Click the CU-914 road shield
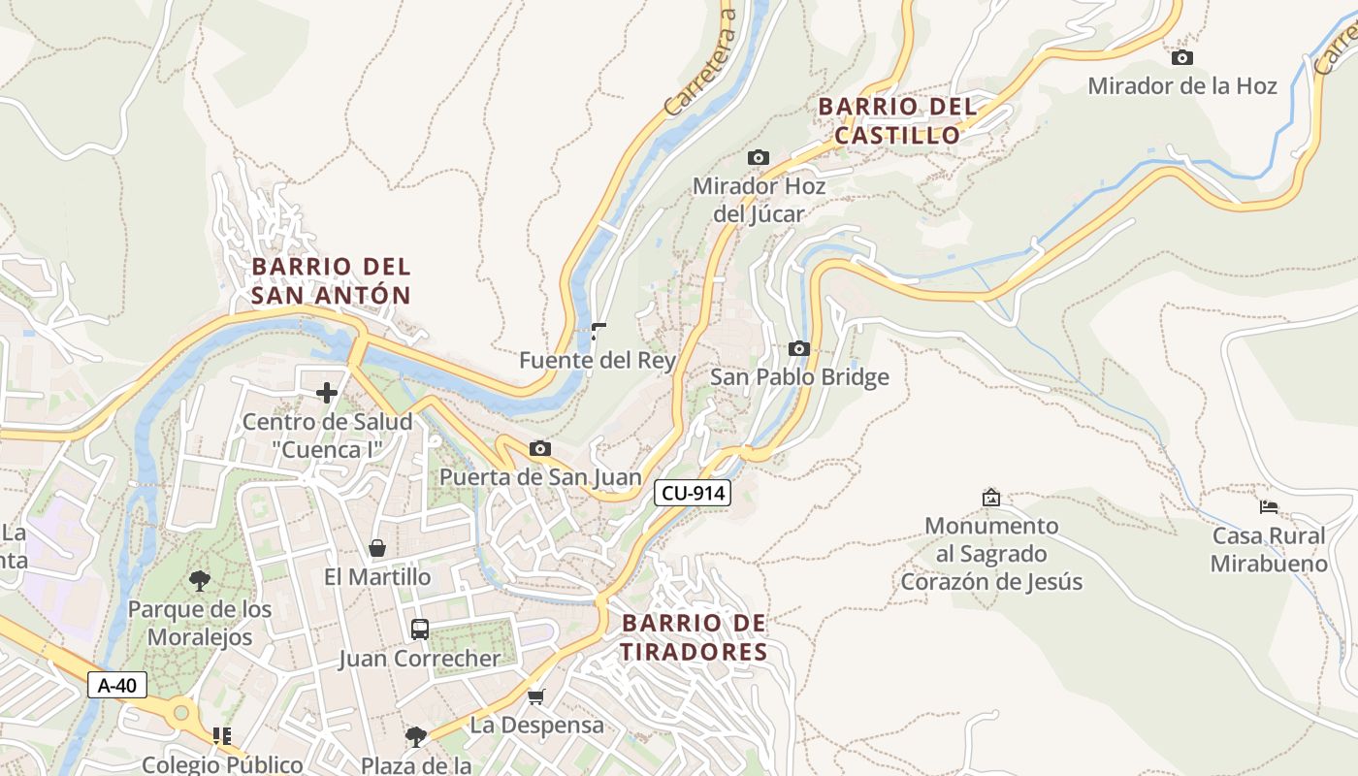pos(693,493)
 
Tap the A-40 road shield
pos(117,685)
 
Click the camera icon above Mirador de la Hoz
pos(1181,58)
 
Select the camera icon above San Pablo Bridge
pos(799,348)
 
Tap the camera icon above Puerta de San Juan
pos(540,448)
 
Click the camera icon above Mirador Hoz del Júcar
pos(759,157)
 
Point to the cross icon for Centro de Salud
pos(327,393)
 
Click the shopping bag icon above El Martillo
pos(377,548)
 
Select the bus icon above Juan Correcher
pos(419,630)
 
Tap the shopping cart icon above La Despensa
pos(535,696)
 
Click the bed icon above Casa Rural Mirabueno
pos(1268,506)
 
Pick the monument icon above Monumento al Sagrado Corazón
pos(990,498)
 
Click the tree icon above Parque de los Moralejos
pos(200,581)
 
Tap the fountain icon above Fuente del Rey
pos(598,332)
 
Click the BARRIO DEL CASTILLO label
pos(896,120)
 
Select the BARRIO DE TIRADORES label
pos(694,636)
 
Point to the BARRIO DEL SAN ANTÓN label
pos(331,280)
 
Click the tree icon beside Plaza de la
pos(415,737)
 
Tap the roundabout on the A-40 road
pos(181,713)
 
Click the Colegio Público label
pos(222,764)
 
